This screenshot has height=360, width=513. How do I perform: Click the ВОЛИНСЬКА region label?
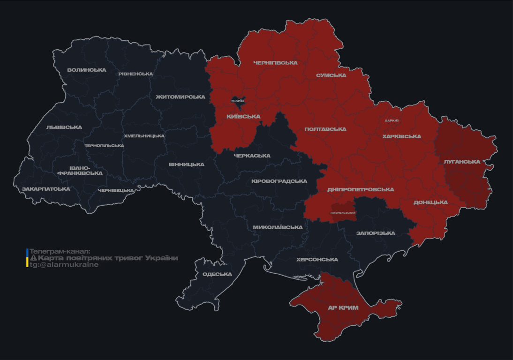coord(87,70)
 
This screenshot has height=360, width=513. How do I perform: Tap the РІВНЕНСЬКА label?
coord(136,74)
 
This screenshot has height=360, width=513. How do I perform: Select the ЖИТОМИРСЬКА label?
coord(181,97)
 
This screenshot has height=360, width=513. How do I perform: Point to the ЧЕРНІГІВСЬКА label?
coord(275,63)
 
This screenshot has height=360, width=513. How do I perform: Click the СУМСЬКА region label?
coord(331,75)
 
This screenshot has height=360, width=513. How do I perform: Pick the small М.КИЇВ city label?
coord(238,101)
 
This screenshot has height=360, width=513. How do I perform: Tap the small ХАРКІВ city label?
coord(392,120)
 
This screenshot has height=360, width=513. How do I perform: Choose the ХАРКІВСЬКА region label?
coord(401,137)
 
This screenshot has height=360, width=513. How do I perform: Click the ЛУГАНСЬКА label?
coord(462,162)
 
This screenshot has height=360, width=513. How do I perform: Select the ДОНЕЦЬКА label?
coord(430,202)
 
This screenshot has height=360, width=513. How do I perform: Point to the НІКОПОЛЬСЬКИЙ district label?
coord(343,213)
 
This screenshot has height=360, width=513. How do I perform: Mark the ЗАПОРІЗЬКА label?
coord(376,233)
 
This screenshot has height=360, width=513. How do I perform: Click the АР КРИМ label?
coord(343,308)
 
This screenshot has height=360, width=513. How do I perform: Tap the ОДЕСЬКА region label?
coord(217,274)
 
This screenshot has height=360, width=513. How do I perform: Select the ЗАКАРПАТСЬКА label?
coord(46,189)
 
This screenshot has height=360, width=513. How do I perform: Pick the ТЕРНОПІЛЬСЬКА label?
coord(104,146)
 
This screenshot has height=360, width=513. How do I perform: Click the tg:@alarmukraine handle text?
coord(64,265)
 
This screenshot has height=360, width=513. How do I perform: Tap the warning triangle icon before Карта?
coord(33,258)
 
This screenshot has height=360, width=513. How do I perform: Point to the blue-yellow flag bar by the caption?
coord(27,258)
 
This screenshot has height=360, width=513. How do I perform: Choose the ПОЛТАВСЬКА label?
coord(325,129)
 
